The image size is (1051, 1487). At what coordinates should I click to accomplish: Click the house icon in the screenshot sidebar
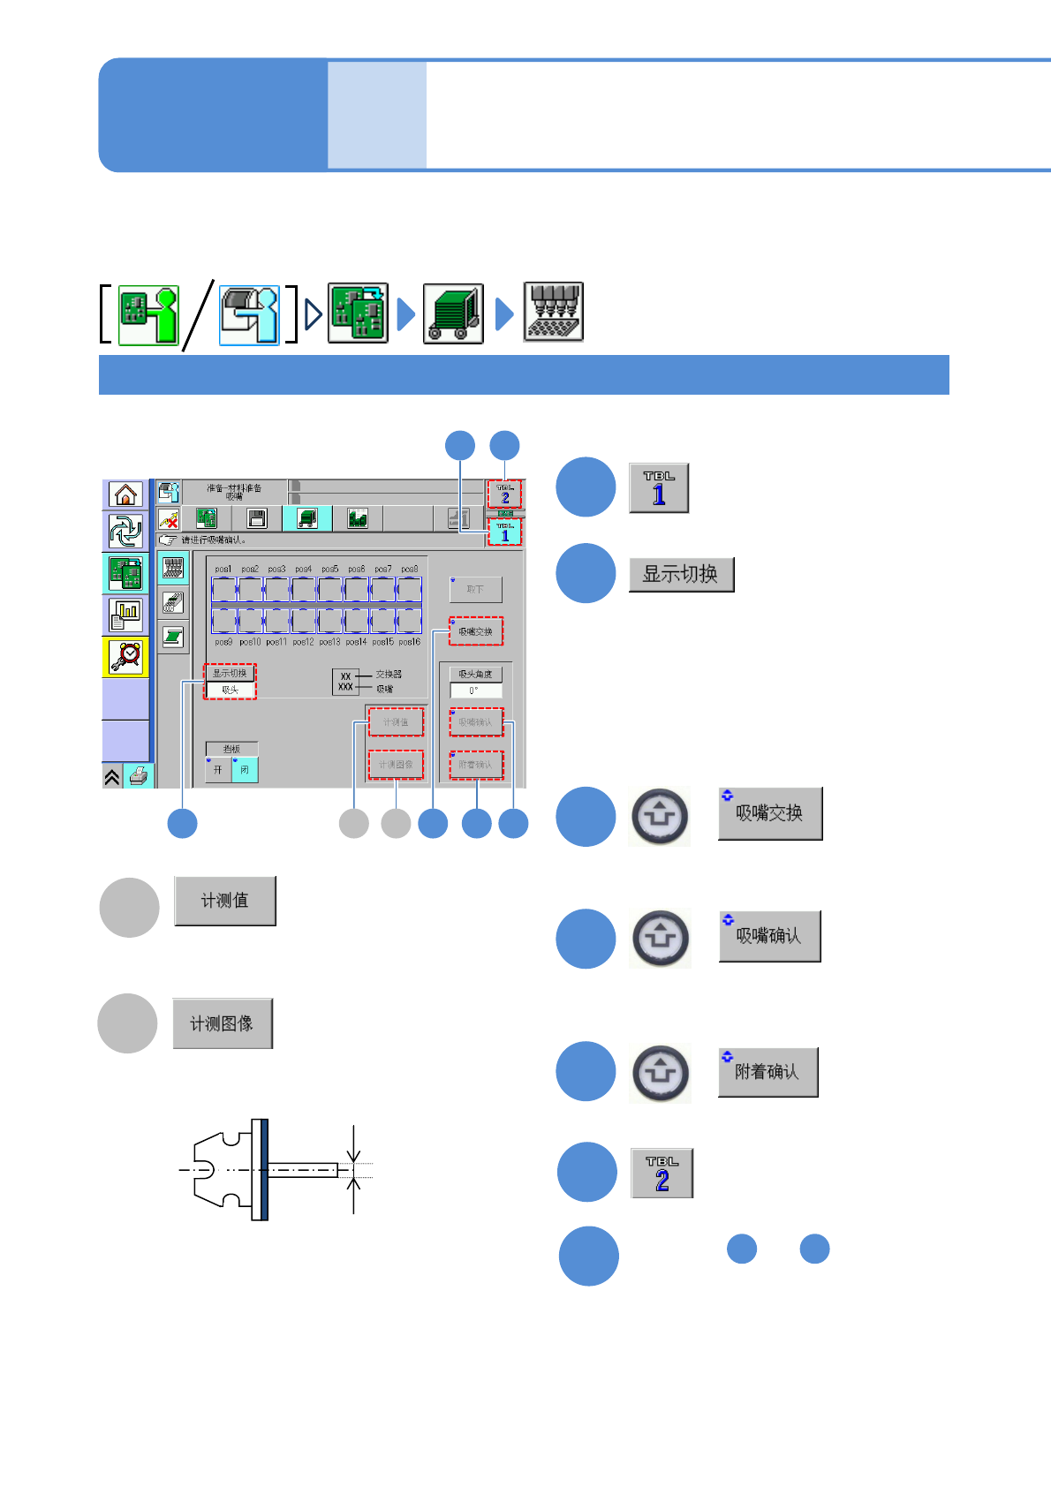click(125, 494)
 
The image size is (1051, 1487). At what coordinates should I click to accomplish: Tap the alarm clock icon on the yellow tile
click(126, 656)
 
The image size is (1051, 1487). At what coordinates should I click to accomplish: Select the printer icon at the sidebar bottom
click(139, 776)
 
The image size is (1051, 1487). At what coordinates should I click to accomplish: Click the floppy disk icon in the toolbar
click(257, 518)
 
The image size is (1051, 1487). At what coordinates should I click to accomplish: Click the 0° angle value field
click(475, 691)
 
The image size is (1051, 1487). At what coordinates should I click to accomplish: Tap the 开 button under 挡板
click(218, 770)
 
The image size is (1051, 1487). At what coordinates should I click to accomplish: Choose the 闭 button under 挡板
click(245, 770)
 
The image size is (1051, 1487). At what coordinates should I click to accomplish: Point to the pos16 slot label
click(409, 642)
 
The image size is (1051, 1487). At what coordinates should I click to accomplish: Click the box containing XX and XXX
click(345, 682)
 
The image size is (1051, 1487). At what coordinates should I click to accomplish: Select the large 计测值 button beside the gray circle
click(225, 901)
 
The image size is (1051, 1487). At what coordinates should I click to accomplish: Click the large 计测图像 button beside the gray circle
click(223, 1023)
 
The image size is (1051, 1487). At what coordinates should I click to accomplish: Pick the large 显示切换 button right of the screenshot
click(681, 574)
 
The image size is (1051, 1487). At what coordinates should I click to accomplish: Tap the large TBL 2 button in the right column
click(662, 1174)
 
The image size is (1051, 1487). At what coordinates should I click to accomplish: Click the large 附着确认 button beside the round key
click(767, 1072)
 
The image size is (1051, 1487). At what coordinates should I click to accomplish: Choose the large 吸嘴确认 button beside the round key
click(769, 936)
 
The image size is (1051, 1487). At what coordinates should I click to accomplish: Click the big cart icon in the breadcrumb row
click(453, 313)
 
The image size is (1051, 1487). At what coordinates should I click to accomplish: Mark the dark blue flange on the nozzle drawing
click(264, 1169)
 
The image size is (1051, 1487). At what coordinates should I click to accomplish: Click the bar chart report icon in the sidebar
click(126, 615)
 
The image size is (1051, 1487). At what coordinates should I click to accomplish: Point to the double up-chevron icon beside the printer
click(112, 777)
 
